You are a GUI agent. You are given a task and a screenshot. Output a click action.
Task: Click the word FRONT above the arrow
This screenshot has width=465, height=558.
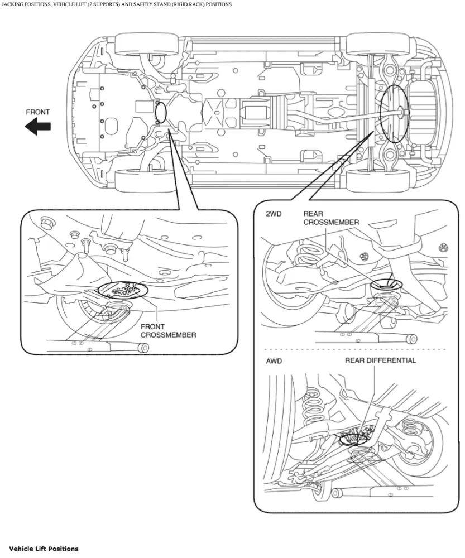pos(38,112)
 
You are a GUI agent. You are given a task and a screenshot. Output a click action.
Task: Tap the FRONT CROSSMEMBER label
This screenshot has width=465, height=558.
pos(168,331)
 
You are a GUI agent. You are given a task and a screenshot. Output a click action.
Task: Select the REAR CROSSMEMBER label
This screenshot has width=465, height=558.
pos(331,218)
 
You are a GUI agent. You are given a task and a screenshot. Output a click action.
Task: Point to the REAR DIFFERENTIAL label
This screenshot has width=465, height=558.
pos(380,360)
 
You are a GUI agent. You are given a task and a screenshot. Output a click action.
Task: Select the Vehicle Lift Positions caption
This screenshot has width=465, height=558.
pos(44,549)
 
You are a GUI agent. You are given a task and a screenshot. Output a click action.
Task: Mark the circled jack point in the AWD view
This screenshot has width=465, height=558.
pos(353,439)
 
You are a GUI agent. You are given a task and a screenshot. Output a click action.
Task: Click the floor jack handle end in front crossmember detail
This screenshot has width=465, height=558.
pos(143,349)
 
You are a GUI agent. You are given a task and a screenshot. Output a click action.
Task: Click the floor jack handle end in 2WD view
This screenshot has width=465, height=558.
pos(412,338)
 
